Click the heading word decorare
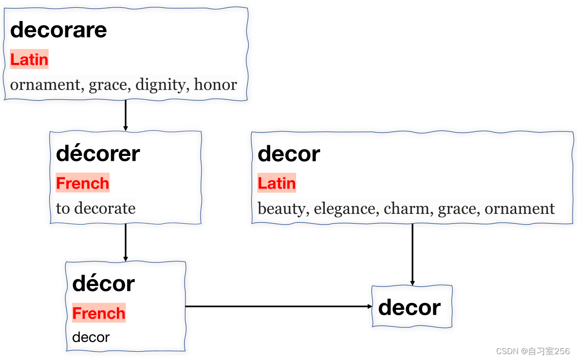58,30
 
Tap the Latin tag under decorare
29,59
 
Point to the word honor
215,85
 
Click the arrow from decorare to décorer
126,115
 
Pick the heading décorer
98,154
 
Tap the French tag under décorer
82,183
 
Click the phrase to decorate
95,208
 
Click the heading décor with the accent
103,284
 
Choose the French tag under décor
98,313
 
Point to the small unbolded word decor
91,337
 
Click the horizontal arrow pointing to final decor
278,306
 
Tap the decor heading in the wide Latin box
289,154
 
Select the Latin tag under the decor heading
277,183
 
